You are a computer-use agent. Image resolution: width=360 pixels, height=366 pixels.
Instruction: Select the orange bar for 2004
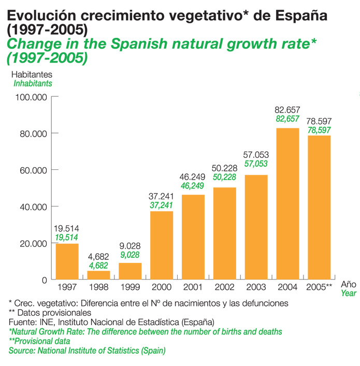pyautogui.click(x=287, y=203)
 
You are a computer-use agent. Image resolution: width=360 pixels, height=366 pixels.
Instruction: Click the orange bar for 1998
pyautogui.click(x=98, y=275)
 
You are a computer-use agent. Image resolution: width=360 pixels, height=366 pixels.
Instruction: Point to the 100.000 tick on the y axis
pyautogui.click(x=32, y=97)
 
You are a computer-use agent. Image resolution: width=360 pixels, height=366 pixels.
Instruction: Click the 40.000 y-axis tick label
pyautogui.click(x=32, y=207)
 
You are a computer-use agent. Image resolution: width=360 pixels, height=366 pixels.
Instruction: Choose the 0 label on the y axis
pyautogui.click(x=44, y=280)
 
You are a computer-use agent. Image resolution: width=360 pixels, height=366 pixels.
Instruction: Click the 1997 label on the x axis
pyautogui.click(x=67, y=287)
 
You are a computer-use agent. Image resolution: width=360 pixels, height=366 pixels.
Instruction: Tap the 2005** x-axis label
pyautogui.click(x=319, y=287)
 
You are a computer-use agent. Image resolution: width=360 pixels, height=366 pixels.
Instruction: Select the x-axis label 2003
pyautogui.click(x=256, y=287)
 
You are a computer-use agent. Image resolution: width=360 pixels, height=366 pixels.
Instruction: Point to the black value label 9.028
pyautogui.click(x=131, y=245)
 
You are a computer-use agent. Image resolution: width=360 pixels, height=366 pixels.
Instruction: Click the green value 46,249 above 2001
pyautogui.click(x=193, y=185)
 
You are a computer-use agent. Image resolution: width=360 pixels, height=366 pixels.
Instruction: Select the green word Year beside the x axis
pyautogui.click(x=349, y=292)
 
